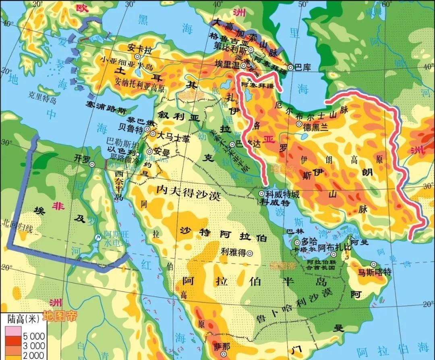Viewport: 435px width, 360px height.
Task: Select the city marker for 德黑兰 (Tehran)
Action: click(298, 124)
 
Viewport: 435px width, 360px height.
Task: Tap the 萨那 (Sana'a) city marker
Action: click(228, 355)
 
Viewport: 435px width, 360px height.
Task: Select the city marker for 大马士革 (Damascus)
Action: click(153, 134)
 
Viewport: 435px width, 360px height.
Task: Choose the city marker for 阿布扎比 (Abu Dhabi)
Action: click(333, 254)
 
